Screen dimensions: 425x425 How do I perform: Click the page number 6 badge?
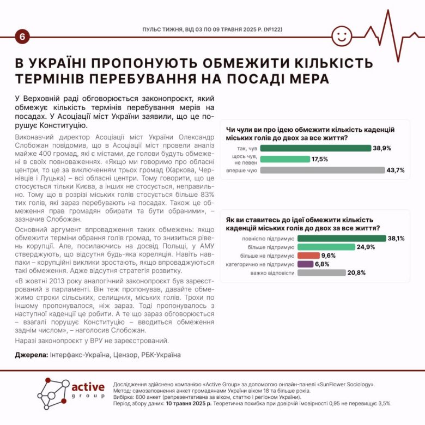pos(22,37)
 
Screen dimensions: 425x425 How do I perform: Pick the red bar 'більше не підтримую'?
pos(309,256)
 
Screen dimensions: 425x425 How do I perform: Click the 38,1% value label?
pos(396,238)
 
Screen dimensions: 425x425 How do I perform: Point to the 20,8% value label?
pos(356,273)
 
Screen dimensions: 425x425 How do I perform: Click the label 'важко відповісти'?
pos(272,273)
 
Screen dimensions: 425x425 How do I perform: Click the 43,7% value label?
pos(396,170)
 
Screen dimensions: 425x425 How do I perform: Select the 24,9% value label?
pos(367,247)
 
